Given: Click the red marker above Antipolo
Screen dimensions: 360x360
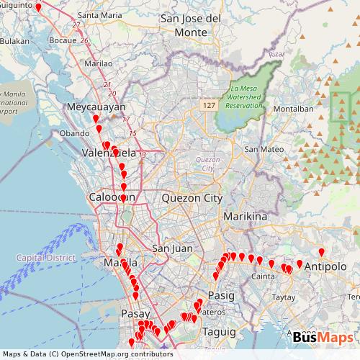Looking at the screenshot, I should tap(321, 252).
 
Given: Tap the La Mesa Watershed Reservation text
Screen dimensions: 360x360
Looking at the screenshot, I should tap(244, 97).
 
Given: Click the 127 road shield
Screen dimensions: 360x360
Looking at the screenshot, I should tap(209, 105).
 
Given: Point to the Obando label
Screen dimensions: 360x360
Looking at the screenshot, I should tap(74, 133).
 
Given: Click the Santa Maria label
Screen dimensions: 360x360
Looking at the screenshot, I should tap(99, 14).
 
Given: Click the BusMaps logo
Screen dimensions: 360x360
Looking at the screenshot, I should tap(323, 337).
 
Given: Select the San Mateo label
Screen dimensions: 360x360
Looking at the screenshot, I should tap(261, 149).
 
